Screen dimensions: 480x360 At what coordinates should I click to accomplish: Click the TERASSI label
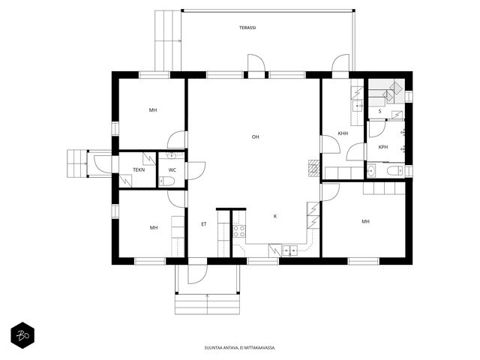tap(247, 28)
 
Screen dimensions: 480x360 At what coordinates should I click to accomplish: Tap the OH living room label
tap(255, 136)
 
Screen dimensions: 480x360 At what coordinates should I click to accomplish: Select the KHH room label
tap(343, 133)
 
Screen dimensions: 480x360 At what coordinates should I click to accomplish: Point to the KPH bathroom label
tap(383, 147)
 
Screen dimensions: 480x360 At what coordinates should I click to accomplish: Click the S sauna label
tap(380, 111)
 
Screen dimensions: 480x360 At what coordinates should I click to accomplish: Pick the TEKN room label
tap(139, 169)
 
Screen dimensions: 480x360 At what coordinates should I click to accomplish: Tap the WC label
tap(172, 170)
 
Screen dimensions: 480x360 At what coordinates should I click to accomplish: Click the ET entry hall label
tap(204, 224)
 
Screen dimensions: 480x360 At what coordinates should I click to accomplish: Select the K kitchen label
tap(275, 217)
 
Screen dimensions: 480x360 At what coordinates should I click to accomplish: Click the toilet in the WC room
tap(166, 181)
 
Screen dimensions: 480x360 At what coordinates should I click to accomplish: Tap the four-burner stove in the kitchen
tap(239, 231)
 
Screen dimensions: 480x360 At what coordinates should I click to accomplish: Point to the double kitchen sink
tap(289, 250)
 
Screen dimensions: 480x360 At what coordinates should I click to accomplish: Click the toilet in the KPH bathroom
tap(396, 170)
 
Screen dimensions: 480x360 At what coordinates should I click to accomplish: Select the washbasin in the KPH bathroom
tap(371, 170)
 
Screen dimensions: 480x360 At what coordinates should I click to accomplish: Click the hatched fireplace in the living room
tap(313, 168)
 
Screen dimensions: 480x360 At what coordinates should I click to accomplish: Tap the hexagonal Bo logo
tap(22, 335)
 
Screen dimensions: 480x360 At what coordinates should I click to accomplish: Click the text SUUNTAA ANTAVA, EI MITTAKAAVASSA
tap(240, 348)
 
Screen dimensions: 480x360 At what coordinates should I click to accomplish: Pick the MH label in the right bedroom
tap(365, 221)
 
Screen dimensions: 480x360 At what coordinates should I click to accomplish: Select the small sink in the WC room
tap(171, 156)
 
